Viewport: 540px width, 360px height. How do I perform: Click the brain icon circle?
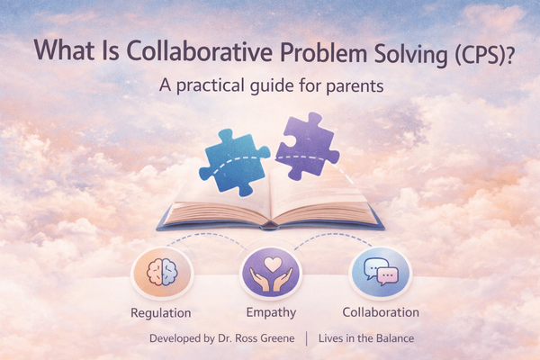pyautogui.click(x=159, y=274)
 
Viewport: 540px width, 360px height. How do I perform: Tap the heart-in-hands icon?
pyautogui.click(x=269, y=274)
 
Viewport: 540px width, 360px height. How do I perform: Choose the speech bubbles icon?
pyautogui.click(x=380, y=274)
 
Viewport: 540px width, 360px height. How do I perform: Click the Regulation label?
pyautogui.click(x=160, y=313)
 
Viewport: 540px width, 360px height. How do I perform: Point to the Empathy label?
pyautogui.click(x=269, y=313)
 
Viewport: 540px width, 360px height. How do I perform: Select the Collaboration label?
pyautogui.click(x=381, y=313)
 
